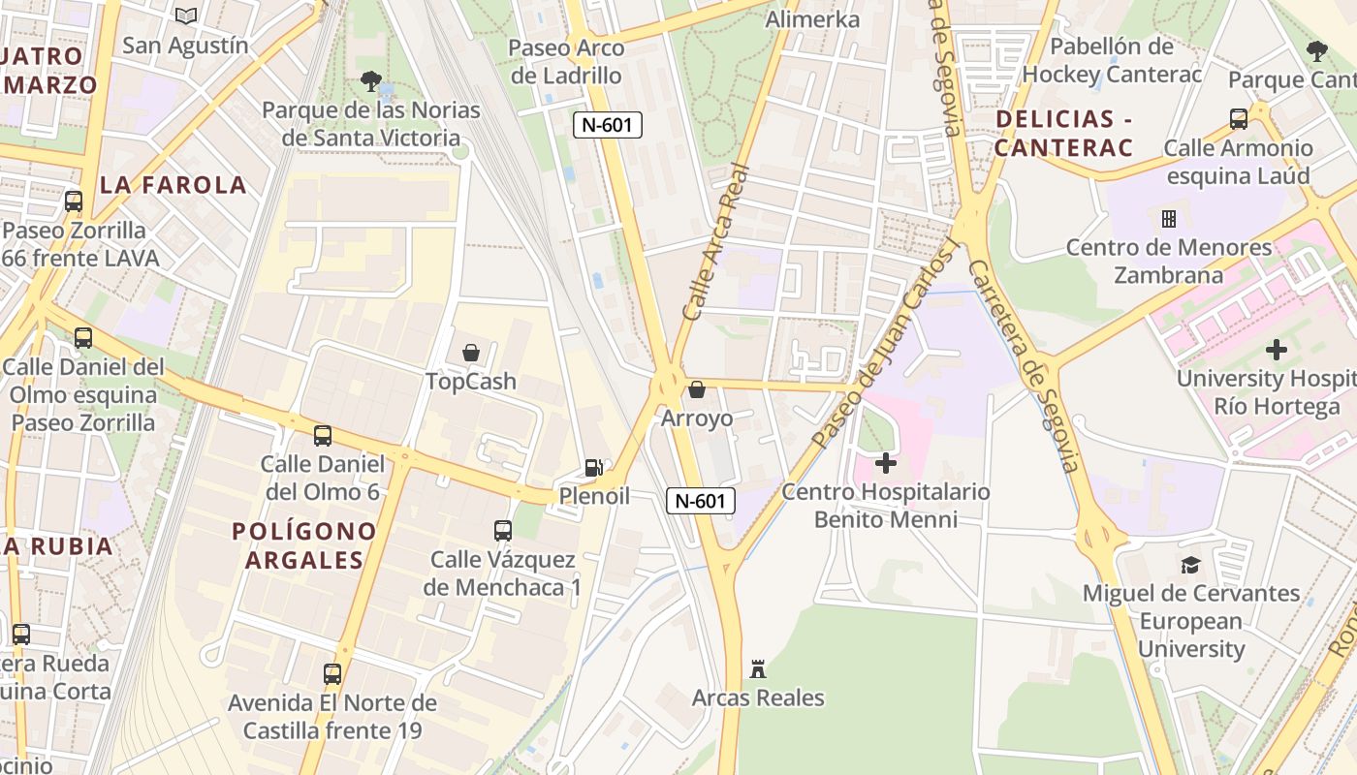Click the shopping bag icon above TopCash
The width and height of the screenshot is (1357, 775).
pos(471,353)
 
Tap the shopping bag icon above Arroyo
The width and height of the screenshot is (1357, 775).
pos(696,390)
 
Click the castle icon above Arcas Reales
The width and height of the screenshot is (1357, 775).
pos(758,668)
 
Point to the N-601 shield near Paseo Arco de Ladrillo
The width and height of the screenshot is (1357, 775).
pos(608,125)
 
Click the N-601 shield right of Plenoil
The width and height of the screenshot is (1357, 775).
pos(701,501)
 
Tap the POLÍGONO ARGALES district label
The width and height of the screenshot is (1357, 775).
pos(304,545)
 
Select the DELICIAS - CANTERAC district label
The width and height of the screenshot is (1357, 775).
pos(1063,134)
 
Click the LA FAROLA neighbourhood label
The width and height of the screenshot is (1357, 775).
pos(173,185)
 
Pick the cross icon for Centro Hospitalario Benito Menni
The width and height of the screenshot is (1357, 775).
pos(885,463)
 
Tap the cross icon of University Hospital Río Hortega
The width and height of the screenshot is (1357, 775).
pos(1277,350)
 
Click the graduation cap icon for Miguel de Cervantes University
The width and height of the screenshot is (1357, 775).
pos(1190,565)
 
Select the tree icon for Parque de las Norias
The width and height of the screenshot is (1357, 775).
pos(370,81)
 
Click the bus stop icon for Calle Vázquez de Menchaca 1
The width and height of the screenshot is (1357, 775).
pos(502,531)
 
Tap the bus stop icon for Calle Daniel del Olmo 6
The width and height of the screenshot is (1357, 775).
pos(323,436)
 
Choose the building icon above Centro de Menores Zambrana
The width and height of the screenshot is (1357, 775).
pos(1169,218)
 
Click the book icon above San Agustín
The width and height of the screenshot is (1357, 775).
pos(186,15)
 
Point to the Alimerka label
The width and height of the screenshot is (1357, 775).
pos(812,19)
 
